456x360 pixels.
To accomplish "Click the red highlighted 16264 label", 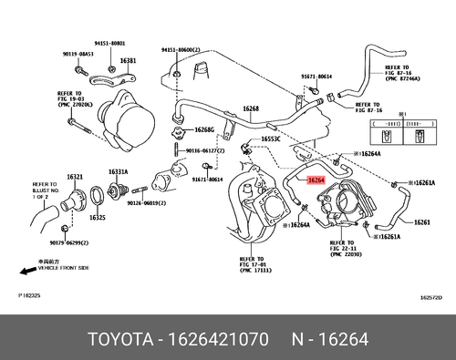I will point(315,180).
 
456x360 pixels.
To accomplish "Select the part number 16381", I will point(127,60).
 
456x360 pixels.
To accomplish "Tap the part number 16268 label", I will point(250,109).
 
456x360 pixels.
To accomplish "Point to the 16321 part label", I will point(74,176).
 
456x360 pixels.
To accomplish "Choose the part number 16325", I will point(96,218).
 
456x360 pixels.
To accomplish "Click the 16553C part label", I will point(270,139).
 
